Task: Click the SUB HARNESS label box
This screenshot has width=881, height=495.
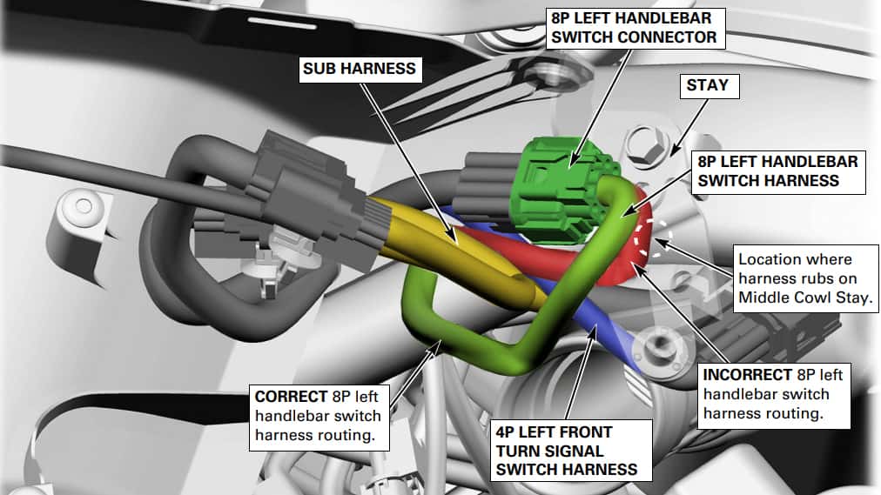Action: tap(360, 69)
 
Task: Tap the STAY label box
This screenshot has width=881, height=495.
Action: tap(710, 86)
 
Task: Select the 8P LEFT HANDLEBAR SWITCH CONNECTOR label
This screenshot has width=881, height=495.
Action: tap(636, 28)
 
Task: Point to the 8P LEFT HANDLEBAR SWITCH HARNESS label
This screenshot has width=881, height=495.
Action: tap(778, 171)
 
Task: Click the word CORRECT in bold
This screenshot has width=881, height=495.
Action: tap(291, 396)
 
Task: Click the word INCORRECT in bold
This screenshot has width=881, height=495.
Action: tap(747, 374)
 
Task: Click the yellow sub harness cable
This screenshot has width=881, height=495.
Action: tap(449, 247)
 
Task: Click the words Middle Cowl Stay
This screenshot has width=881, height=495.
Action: tap(804, 298)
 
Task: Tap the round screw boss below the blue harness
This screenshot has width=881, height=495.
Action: tap(658, 349)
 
